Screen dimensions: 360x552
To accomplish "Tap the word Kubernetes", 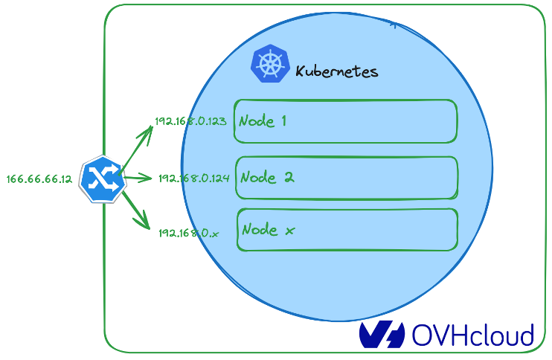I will [x=337, y=71].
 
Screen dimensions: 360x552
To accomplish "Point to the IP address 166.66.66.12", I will [x=39, y=179].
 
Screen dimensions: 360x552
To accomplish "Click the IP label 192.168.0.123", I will [x=190, y=121].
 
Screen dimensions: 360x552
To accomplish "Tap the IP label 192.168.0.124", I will [x=193, y=179].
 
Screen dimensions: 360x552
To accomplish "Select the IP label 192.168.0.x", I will [x=189, y=233].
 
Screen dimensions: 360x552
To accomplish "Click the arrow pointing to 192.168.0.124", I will [x=138, y=178].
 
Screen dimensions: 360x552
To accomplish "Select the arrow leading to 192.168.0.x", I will [x=136, y=210].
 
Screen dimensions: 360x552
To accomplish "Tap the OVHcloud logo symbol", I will [x=382, y=335].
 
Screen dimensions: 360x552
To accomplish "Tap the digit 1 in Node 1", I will [x=283, y=120].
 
